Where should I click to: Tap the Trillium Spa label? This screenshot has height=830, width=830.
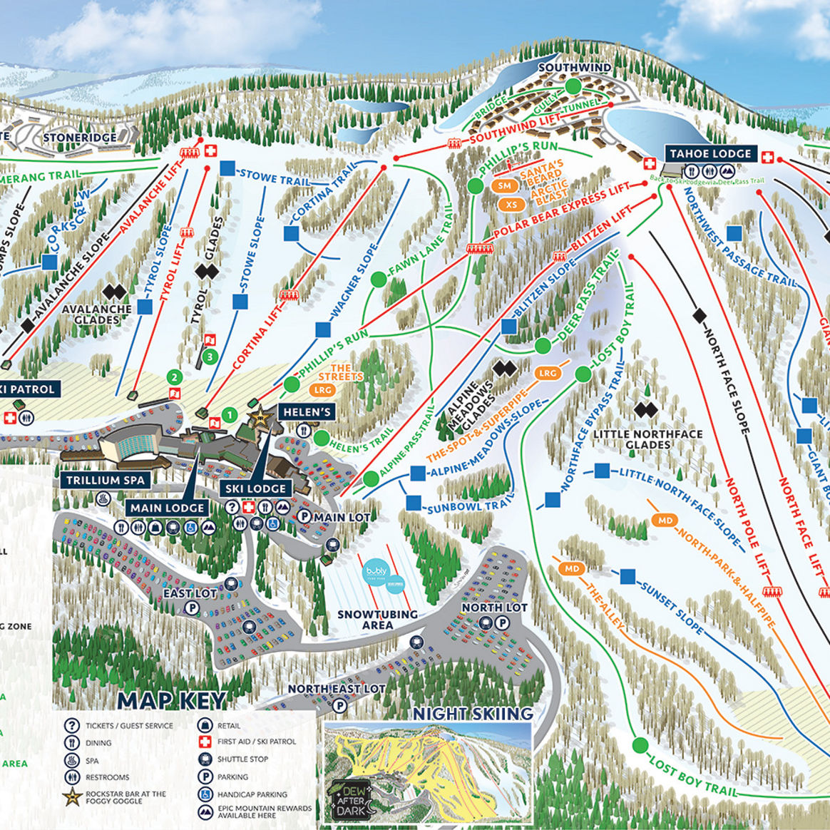pyautogui.click(x=105, y=480)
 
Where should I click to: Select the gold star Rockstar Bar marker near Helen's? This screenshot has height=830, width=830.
pyautogui.click(x=260, y=415)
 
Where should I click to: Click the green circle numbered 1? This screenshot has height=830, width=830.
pyautogui.click(x=229, y=414)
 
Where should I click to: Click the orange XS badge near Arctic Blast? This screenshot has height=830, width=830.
pyautogui.click(x=510, y=205)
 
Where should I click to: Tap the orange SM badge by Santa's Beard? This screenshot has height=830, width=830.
pyautogui.click(x=505, y=186)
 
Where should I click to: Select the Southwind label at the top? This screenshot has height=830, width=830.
pyautogui.click(x=574, y=68)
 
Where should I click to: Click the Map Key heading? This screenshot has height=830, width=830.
pyautogui.click(x=172, y=700)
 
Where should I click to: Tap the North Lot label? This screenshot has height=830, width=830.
pyautogui.click(x=494, y=607)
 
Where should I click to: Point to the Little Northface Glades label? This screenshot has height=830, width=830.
pyautogui.click(x=647, y=439)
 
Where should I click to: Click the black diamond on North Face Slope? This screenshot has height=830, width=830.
pyautogui.click(x=699, y=314)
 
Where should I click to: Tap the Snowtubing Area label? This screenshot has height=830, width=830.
pyautogui.click(x=377, y=620)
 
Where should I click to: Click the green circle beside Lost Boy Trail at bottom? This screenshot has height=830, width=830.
pyautogui.click(x=640, y=746)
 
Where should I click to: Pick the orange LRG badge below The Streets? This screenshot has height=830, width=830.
pyautogui.click(x=323, y=390)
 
